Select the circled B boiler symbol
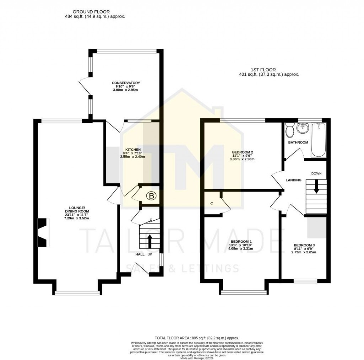pos(151,196)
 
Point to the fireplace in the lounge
pos(43,233)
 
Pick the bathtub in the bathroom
pos(318,140)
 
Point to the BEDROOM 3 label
pos(304,245)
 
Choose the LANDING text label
pos(293,180)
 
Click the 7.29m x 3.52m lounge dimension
pos(76,218)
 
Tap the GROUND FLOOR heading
pos(86,12)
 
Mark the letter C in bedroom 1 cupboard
pos(212,203)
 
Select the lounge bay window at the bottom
pos(77,293)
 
